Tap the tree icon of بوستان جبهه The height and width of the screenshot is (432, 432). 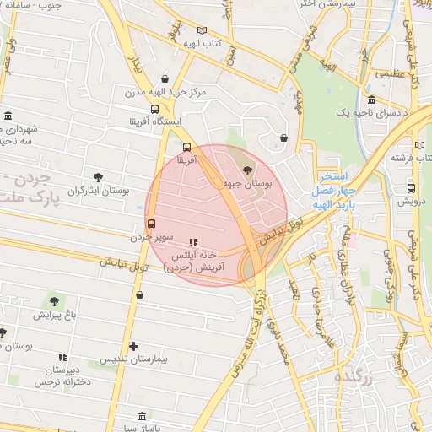246,171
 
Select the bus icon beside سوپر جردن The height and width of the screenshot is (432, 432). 151,224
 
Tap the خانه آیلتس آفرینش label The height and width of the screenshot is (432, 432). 196,261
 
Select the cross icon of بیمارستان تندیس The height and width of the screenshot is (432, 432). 134,346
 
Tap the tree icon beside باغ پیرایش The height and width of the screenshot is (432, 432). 55,300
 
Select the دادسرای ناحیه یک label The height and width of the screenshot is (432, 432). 372,112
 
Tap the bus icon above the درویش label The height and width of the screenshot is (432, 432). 411,188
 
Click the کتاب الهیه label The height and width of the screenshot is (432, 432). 204,43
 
